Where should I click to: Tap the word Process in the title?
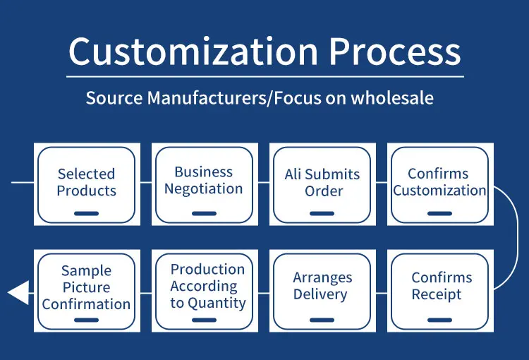[x=395, y=52]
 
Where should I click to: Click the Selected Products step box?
[x=87, y=184]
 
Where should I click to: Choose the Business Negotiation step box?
[x=204, y=184]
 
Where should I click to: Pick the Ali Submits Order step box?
[x=322, y=184]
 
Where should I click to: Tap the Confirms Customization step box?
[x=439, y=184]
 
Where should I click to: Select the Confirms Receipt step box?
[x=439, y=289]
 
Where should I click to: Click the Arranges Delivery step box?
[x=322, y=289]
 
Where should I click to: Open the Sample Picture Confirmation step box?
[x=87, y=289]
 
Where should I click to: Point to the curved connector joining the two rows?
[x=516, y=238]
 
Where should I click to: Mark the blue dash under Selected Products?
[x=87, y=213]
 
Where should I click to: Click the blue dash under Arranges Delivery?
[x=322, y=319]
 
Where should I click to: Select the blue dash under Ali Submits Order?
[x=322, y=213]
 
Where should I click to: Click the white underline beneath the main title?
[x=265, y=76]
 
